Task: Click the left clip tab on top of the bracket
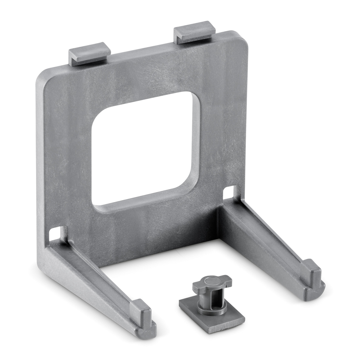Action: pyautogui.click(x=89, y=53)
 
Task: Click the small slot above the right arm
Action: pyautogui.click(x=229, y=192)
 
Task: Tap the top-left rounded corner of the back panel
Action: pyautogui.click(x=42, y=76)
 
